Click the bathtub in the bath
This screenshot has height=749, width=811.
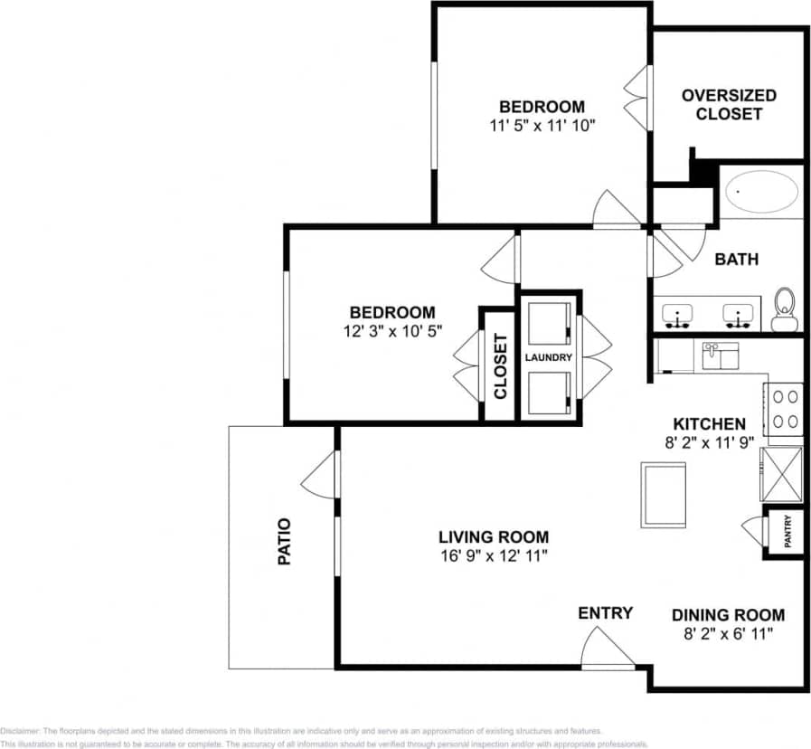[x=761, y=192]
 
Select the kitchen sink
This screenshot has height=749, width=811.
[x=721, y=356]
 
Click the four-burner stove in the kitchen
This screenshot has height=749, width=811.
[x=783, y=409]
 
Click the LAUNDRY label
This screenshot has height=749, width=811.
[x=549, y=357]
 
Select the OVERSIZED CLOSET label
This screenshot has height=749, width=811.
[x=729, y=105]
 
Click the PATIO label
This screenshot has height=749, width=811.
[x=284, y=541]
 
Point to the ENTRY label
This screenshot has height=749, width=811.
[x=605, y=613]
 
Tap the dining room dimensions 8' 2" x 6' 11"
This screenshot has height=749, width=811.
[x=728, y=634]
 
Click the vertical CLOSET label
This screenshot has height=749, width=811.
[x=499, y=366]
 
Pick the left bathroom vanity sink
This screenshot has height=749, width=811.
[x=677, y=316]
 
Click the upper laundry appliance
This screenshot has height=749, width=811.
[x=548, y=322]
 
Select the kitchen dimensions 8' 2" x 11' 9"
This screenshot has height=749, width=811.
[x=709, y=442]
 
